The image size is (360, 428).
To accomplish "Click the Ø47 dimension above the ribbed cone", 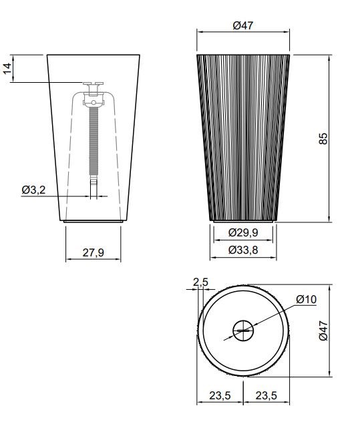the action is click(243, 25).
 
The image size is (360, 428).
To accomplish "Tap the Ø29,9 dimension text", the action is click(243, 232).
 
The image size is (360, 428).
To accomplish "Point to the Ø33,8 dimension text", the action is click(243, 250).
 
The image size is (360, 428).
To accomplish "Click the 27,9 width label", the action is click(93, 252).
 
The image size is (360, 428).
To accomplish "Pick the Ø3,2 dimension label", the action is click(33, 190).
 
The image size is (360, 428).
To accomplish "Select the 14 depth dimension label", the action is click(7, 68).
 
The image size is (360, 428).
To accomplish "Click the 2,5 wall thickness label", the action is click(200, 282).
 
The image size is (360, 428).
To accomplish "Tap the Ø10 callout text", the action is click(306, 299).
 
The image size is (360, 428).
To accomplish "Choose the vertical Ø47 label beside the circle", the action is click(323, 331).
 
